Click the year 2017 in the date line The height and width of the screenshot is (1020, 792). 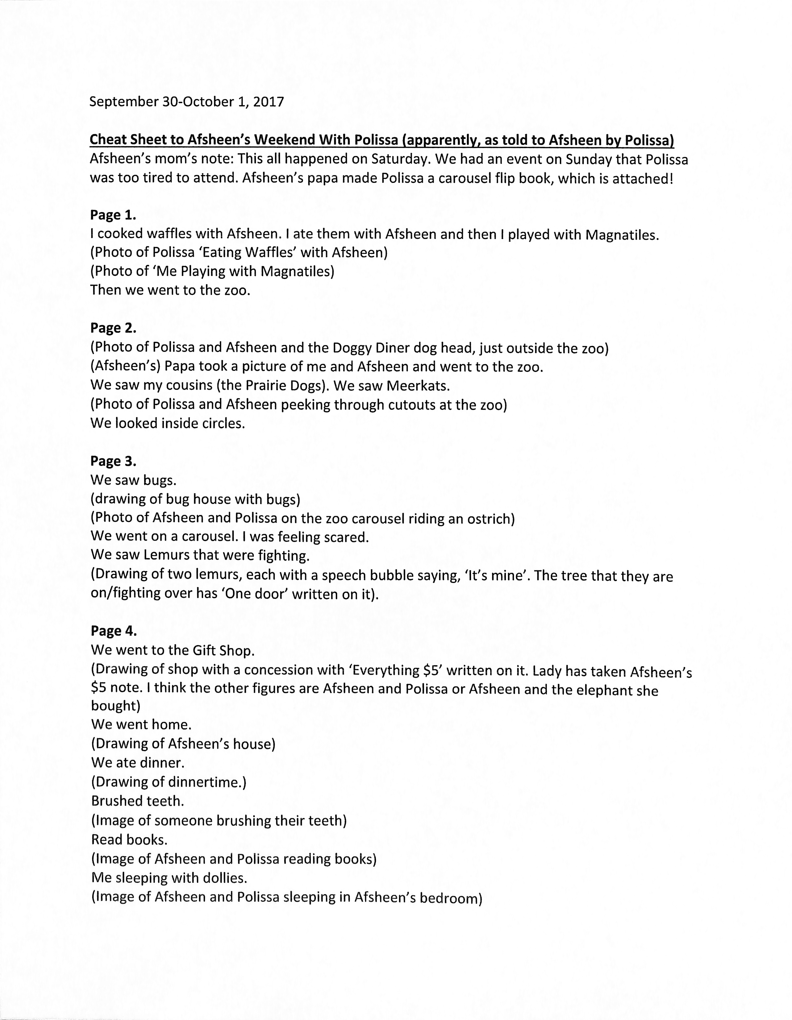(268, 102)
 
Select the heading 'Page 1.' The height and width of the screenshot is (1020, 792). (113, 215)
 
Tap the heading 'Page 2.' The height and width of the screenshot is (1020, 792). (113, 328)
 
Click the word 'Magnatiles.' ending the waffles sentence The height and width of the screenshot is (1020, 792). (622, 235)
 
